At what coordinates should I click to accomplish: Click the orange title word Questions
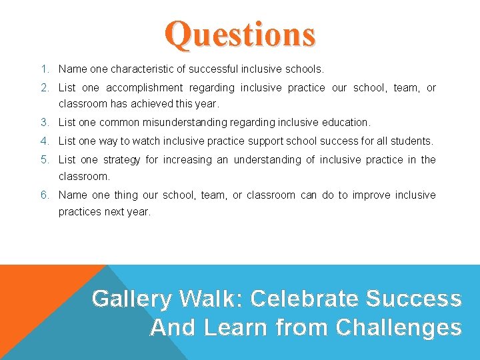[240, 34]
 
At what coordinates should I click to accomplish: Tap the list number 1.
[43, 69]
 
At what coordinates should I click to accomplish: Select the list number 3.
[43, 122]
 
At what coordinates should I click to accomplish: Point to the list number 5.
[43, 159]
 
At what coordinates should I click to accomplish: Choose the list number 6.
[43, 195]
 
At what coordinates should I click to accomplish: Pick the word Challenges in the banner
[399, 327]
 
